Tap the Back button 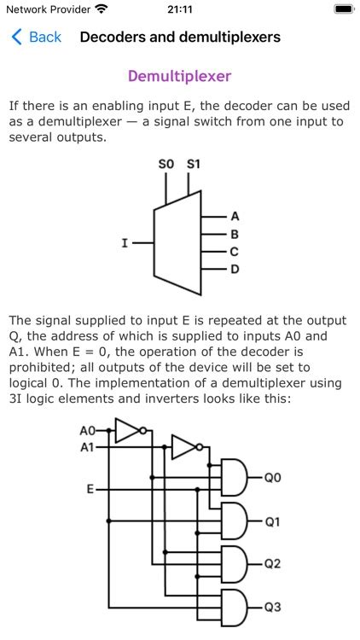point(36,37)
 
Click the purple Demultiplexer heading point(179,76)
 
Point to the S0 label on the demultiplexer point(165,164)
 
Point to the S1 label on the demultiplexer point(194,164)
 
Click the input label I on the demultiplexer point(125,243)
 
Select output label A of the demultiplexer point(235,217)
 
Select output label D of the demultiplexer point(235,270)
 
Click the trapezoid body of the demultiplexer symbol point(177,242)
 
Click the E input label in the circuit point(90,490)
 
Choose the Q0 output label point(272,478)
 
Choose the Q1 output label point(272,521)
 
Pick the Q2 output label point(272,564)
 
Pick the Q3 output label point(272,608)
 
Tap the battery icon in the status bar point(343,9)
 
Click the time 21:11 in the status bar point(180,9)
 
